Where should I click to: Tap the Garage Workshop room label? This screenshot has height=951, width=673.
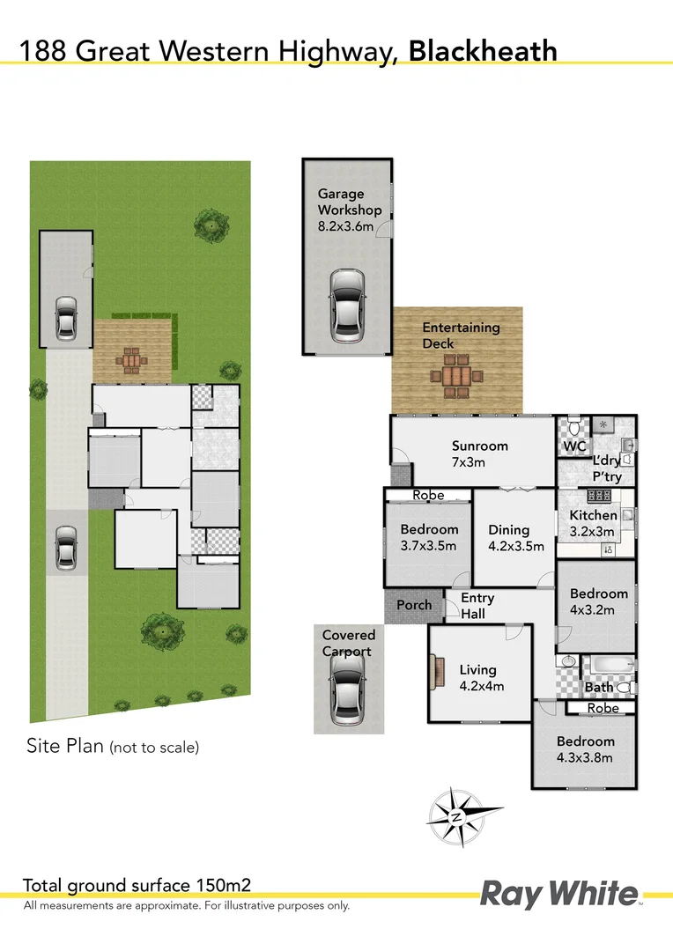coord(350,210)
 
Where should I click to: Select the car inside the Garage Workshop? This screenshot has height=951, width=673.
coord(346,306)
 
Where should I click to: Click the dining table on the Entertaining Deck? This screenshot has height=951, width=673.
coord(457,376)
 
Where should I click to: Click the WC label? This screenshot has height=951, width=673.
coord(574,446)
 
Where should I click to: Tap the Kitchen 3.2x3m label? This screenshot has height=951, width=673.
coord(593,523)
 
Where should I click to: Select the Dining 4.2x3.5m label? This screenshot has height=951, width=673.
coord(514,537)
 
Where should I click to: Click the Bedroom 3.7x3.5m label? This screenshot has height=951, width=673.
coord(429,536)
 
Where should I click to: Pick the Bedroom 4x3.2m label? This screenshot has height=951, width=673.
coord(599,601)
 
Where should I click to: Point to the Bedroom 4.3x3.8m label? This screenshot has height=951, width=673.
coord(585,749)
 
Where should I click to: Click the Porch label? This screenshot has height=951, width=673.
coord(414,605)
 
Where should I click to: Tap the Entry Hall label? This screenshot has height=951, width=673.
coord(477,606)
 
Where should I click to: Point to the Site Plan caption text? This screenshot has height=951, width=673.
coord(111,747)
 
